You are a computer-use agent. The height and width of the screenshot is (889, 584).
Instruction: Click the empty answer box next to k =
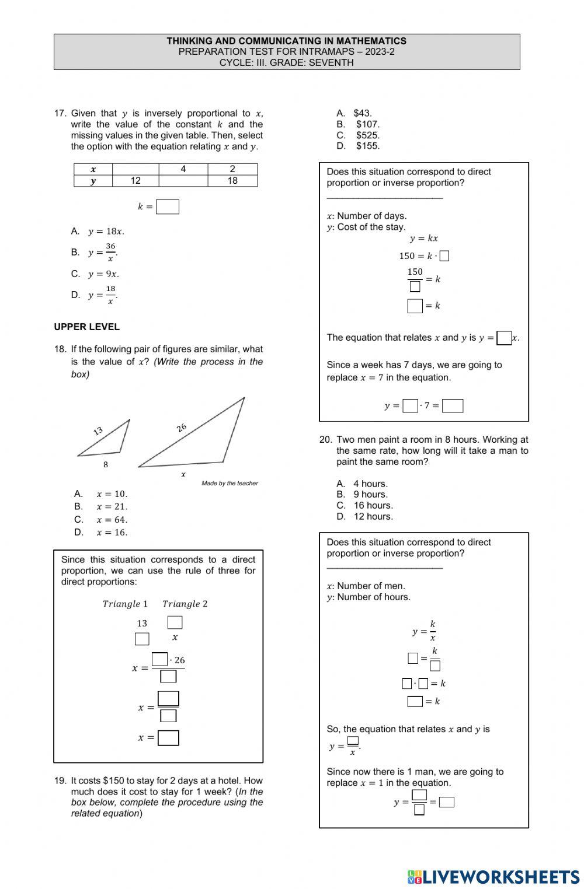(168, 207)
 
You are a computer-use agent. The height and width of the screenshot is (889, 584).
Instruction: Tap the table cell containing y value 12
(135, 181)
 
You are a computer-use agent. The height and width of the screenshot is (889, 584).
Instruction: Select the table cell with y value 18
(232, 181)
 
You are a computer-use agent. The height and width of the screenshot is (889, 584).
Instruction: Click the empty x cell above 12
(135, 169)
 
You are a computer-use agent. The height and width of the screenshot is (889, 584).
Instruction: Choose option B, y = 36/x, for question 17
(103, 252)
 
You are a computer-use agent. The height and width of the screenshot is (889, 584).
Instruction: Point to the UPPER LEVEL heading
(86, 327)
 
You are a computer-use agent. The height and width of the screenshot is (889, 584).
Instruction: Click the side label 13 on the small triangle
(98, 431)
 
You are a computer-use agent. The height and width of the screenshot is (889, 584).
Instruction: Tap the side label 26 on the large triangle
(182, 428)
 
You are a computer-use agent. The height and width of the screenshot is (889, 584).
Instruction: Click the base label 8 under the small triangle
(106, 465)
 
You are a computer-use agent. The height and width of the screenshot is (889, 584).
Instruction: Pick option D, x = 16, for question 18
(112, 532)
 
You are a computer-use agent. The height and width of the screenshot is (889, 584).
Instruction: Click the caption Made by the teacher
(230, 483)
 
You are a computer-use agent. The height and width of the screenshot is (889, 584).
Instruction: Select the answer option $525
(367, 135)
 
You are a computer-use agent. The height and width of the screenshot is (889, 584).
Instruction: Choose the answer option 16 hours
(373, 505)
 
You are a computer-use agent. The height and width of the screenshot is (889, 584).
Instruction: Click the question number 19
(60, 780)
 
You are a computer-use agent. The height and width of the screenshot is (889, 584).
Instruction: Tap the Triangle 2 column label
(185, 604)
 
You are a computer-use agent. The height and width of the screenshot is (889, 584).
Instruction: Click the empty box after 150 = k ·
(444, 256)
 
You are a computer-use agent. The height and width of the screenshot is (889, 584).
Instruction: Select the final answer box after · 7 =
(453, 406)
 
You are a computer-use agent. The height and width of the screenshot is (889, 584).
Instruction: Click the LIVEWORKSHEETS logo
(493, 877)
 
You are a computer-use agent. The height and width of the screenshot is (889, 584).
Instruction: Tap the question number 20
(325, 440)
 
